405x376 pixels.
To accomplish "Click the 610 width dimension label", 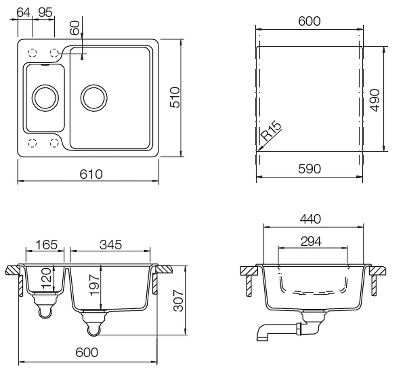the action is [91, 174].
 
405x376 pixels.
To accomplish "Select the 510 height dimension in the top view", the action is [175, 97].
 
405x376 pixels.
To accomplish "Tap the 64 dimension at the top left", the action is [24, 12].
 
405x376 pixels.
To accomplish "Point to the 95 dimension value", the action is [45, 12].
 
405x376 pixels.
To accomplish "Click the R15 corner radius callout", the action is [270, 131].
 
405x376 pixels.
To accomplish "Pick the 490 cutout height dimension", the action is [375, 100].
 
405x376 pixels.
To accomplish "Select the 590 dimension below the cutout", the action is [309, 169].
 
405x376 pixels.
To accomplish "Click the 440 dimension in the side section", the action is [310, 219].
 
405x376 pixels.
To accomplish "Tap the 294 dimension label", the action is [311, 242].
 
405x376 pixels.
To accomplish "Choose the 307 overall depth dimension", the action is [178, 300].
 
